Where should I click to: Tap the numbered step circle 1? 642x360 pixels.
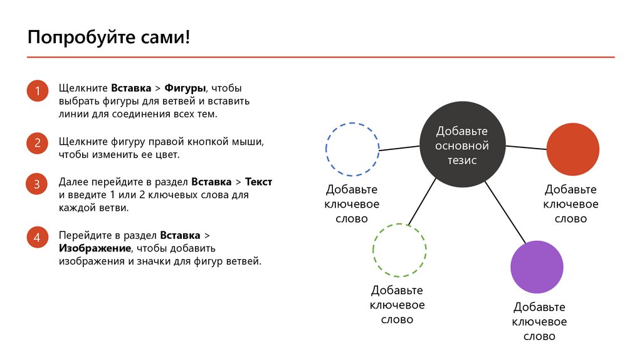[37, 92]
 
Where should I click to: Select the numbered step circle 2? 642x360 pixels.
[37, 143]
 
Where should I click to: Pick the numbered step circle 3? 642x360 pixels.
[37, 184]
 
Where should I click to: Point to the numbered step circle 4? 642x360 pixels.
[37, 238]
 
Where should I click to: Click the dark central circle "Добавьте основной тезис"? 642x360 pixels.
[461, 146]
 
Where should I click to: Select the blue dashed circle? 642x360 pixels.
[352, 149]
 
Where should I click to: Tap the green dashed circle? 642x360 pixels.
[399, 250]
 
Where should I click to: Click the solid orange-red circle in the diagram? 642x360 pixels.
[573, 149]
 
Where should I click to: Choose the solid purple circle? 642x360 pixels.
[537, 267]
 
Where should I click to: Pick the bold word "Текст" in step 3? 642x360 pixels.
[258, 181]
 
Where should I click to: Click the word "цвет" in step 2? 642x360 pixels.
[167, 154]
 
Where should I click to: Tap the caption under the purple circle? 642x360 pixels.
[539, 322]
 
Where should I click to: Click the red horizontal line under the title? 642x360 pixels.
[320, 58]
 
